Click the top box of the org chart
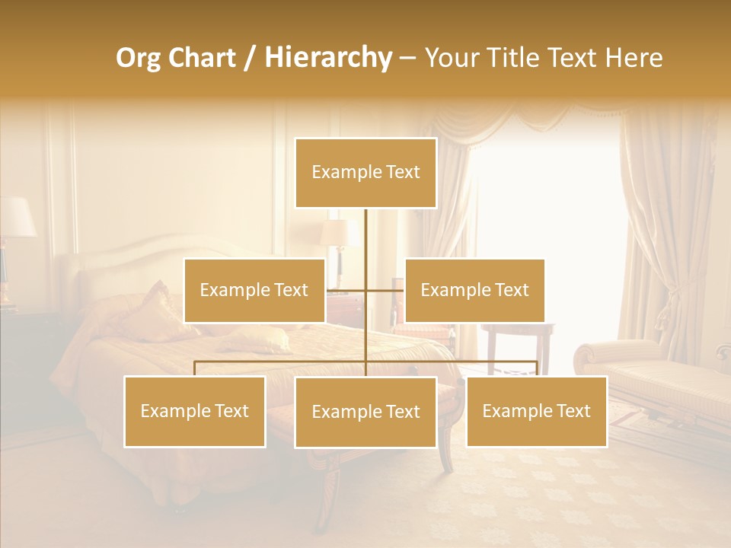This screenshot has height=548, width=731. pos(365,173)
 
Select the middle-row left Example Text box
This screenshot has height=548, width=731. pos(254,290)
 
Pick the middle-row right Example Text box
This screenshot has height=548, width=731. pos(474,290)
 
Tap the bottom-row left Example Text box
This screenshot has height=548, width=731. pos(195,411)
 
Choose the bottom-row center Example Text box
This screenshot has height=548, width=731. pos(365,412)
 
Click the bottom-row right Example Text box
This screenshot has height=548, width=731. pos(536,411)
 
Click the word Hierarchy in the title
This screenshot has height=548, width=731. pos(327,58)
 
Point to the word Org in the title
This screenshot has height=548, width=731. pos(139,58)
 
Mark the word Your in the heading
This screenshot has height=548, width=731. pos(451,58)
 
